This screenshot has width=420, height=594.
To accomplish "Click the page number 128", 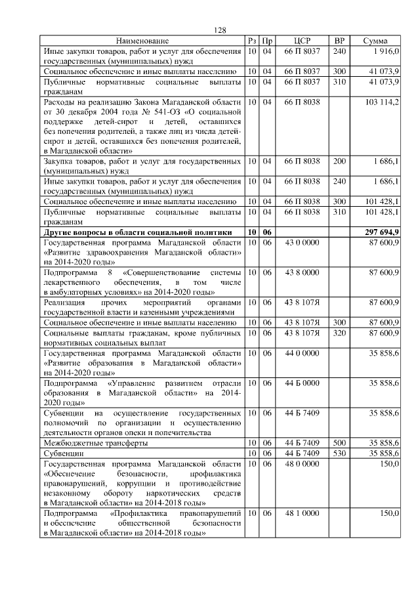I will click(x=220, y=30).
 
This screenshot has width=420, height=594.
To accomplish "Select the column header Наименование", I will click(x=142, y=41).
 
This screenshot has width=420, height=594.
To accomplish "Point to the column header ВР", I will click(x=339, y=41).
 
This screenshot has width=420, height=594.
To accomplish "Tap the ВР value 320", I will click(x=339, y=332).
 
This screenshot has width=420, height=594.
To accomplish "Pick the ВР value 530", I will click(x=339, y=453).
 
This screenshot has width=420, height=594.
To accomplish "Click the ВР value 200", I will click(x=339, y=161).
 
